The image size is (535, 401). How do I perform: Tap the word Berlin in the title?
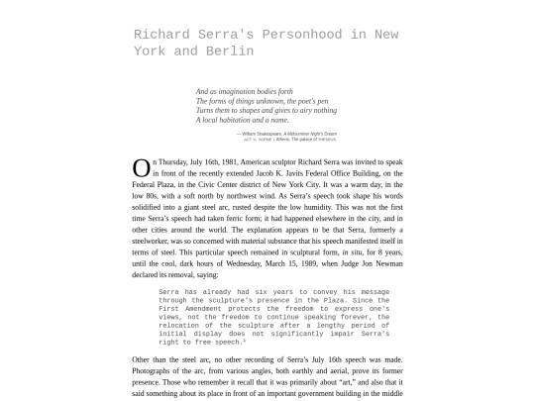click(232, 50)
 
